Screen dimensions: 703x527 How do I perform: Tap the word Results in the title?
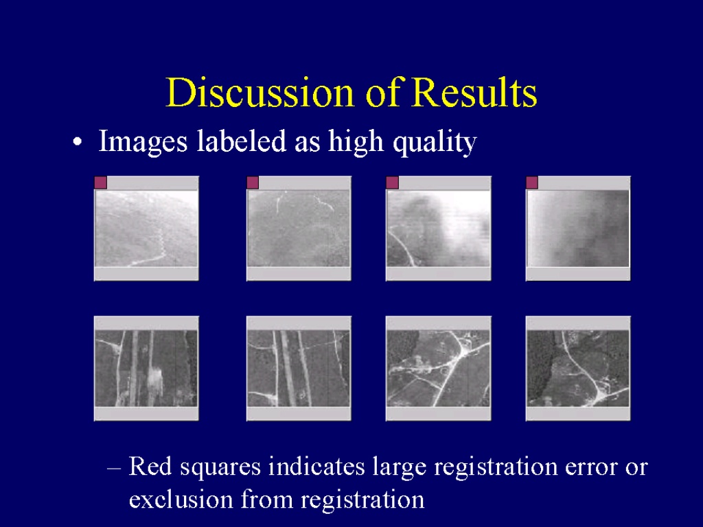coord(474,93)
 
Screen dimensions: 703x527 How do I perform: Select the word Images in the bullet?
coord(143,141)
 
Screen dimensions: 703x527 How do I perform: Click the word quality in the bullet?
coord(435,143)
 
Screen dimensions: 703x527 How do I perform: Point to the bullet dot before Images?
coord(78,142)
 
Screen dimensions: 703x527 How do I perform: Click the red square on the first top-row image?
coord(101,183)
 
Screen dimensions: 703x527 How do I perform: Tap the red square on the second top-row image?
coord(253,183)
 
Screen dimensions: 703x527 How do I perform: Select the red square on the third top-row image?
coord(392,183)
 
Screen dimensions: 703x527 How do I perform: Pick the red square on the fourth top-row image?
coord(532,183)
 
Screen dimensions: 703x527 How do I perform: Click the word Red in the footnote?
coord(150,466)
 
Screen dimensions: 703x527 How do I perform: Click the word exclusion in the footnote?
coord(181,500)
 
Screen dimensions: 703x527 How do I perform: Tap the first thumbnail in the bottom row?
coord(146,368)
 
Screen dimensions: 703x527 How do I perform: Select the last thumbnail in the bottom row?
coord(578,368)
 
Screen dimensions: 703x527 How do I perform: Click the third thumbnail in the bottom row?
coord(439,368)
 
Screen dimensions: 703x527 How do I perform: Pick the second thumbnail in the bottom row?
coord(299,368)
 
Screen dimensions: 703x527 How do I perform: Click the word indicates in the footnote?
coord(316,466)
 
